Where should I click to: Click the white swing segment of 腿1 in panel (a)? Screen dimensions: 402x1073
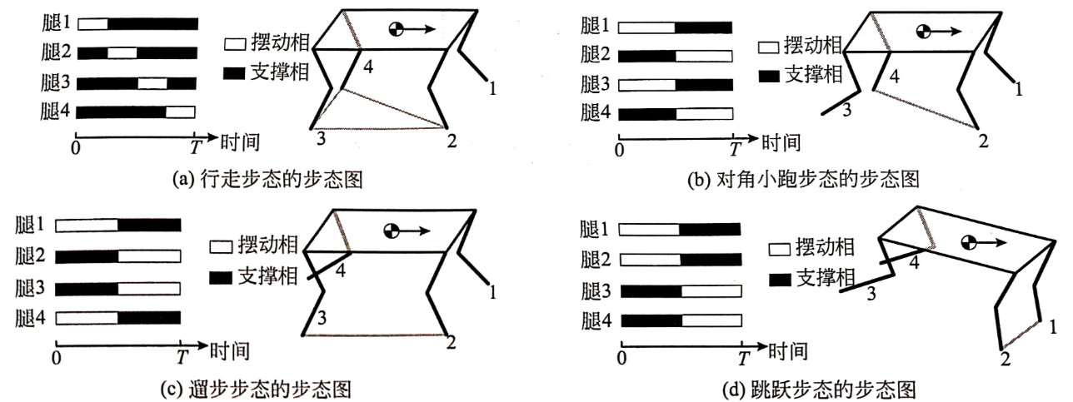click(92, 24)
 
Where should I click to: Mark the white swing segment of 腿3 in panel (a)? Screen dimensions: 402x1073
click(152, 82)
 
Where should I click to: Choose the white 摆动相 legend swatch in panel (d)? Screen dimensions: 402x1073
click(779, 247)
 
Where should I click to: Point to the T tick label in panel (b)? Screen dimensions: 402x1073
click(734, 149)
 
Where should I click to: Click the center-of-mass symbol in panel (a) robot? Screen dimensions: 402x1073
click(398, 29)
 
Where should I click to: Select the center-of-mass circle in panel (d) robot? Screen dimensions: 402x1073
click(967, 243)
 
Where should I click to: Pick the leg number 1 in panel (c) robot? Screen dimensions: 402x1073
click(493, 290)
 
